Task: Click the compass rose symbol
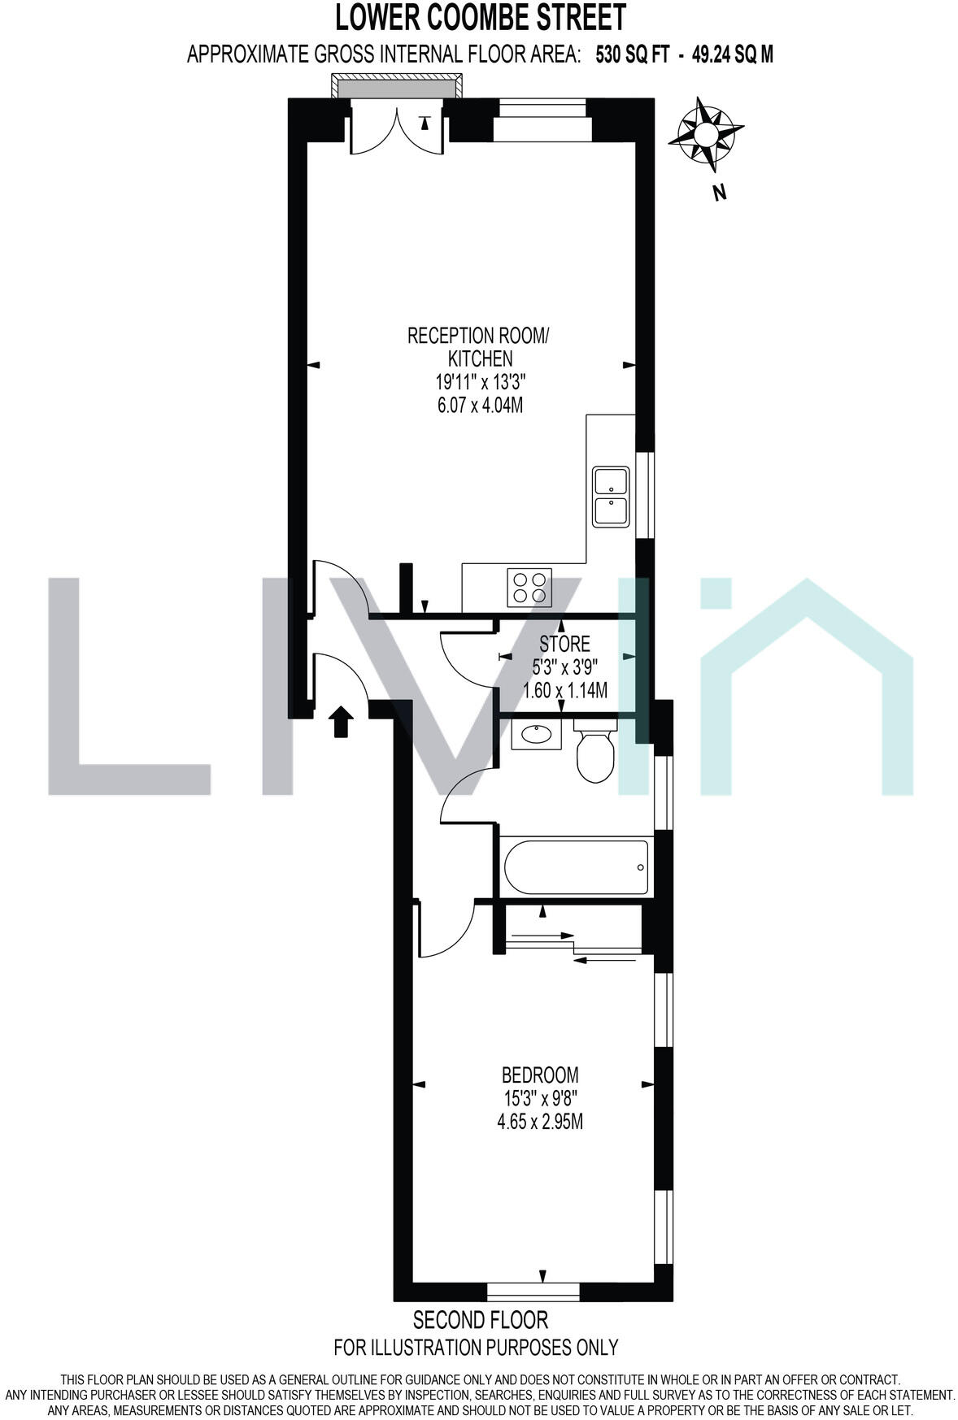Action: click(x=705, y=133)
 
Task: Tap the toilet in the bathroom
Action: click(x=594, y=751)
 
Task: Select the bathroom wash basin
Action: click(x=537, y=736)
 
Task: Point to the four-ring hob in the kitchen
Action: click(x=529, y=587)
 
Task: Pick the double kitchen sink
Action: click(x=610, y=497)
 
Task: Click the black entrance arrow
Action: click(x=342, y=720)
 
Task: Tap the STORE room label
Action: click(x=565, y=645)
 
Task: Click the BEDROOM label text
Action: click(x=540, y=1075)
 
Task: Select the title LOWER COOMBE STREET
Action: click(x=481, y=17)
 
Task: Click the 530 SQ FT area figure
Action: click(x=633, y=54)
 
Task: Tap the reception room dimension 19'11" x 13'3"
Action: click(x=481, y=381)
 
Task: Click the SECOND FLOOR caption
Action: click(x=481, y=1318)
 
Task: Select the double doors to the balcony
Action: click(x=396, y=130)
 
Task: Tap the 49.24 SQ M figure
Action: click(x=732, y=54)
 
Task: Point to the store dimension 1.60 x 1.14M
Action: click(x=565, y=691)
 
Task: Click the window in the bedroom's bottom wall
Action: click(x=533, y=1290)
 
